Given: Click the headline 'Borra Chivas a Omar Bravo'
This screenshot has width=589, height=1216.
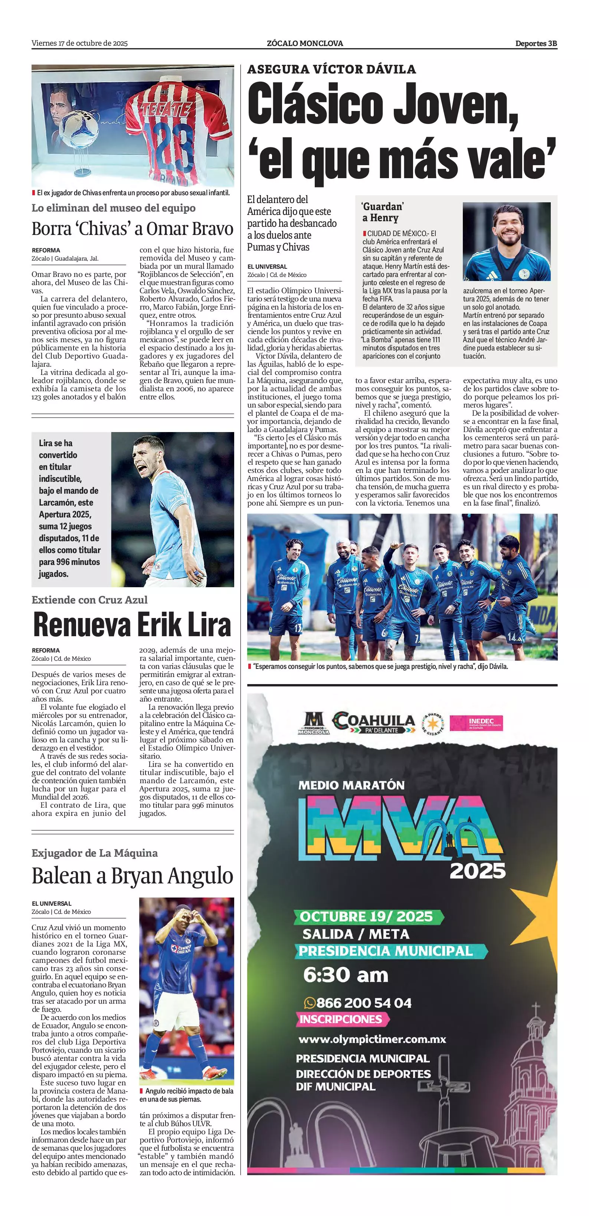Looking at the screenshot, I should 132,229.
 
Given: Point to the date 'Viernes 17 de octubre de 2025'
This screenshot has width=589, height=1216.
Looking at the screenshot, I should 79,43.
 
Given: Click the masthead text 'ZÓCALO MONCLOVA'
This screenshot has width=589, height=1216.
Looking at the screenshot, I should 304,43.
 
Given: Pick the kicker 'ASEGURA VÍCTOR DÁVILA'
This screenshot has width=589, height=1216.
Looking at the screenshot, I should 331,69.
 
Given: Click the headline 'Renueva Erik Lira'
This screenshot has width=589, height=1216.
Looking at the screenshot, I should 132,625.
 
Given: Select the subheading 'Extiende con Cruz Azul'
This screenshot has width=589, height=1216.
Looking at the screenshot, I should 90,599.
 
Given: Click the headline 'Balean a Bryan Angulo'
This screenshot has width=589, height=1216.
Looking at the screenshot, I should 132,876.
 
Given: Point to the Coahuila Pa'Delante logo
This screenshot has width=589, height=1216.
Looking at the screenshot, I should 374,723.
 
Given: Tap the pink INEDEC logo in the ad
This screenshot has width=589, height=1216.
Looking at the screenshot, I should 476,723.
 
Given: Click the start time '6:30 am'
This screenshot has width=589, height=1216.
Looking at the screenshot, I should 346,975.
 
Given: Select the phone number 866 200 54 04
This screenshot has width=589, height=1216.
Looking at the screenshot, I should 358,1003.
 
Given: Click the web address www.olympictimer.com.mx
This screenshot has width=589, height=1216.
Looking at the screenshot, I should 372,1039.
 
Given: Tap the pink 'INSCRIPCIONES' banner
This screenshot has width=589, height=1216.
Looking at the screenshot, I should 341,1019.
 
